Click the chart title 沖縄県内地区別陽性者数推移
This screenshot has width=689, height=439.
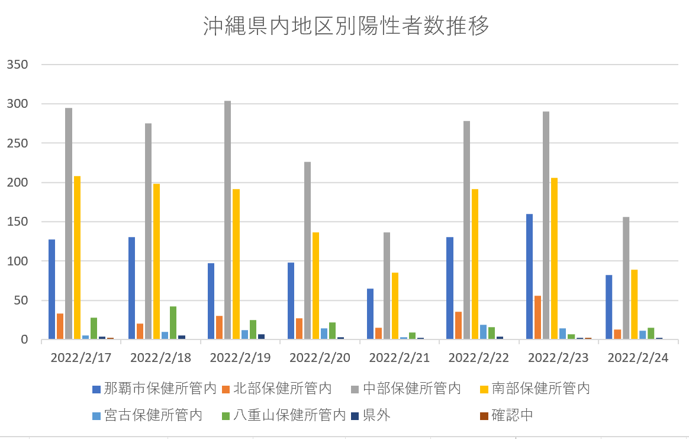[346, 27]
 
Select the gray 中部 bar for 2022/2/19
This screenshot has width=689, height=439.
[228, 220]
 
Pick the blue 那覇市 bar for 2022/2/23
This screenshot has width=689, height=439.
[529, 277]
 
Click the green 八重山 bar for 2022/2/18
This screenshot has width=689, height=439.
[173, 323]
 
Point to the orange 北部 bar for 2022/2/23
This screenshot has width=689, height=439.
[537, 318]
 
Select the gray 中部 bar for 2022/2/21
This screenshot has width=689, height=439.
[387, 286]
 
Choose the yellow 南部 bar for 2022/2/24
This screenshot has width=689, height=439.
[634, 305]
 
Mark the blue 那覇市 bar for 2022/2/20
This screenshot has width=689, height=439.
[291, 301]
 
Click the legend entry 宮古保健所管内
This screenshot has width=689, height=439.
[147, 415]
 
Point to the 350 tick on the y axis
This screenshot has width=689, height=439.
[17, 65]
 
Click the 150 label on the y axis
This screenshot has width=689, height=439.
[17, 222]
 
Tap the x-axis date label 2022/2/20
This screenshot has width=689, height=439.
[320, 358]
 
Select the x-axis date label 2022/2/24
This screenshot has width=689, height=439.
[638, 358]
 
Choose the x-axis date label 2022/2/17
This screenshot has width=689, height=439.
[81, 358]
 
